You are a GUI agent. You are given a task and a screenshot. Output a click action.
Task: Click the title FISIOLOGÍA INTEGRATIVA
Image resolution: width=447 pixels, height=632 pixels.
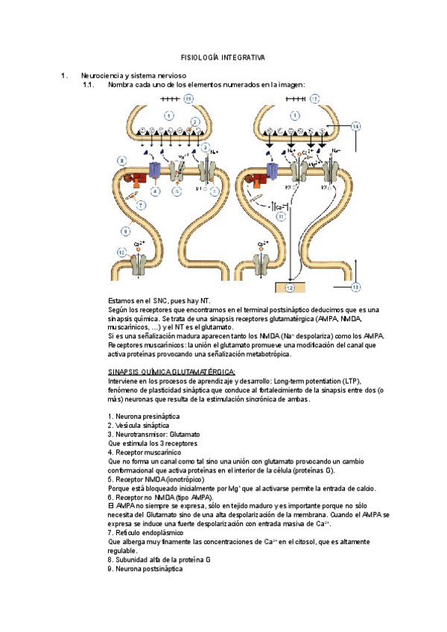click(223, 57)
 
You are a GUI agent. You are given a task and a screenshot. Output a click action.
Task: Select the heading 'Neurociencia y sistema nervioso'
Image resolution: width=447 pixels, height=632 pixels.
click(134, 76)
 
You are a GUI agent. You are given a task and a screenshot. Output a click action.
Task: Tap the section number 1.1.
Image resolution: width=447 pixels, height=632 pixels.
click(89, 85)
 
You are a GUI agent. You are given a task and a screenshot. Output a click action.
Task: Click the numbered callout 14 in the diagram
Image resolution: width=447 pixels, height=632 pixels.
click(355, 127)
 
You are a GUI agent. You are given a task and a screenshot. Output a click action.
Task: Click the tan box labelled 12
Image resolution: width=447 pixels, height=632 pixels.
click(292, 287)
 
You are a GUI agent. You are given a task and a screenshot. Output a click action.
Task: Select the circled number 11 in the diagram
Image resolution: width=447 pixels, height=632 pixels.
click(281, 216)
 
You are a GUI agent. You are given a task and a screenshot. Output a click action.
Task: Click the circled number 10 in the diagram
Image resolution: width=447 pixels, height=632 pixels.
click(121, 252)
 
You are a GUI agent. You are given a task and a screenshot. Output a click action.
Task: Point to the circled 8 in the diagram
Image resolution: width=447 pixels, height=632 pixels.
click(121, 160)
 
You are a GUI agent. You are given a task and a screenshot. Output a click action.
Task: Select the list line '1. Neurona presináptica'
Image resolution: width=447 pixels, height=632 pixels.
click(144, 416)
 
